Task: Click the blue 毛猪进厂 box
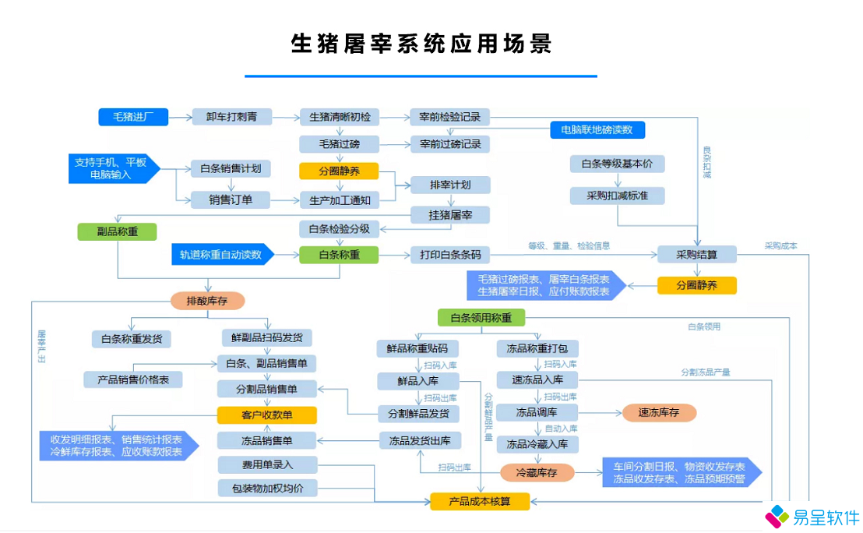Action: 133,117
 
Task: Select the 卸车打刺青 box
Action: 231,117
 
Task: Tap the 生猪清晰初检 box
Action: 339,117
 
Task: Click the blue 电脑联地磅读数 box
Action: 597,129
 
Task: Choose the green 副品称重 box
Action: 117,231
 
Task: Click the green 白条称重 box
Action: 339,254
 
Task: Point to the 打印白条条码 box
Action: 450,254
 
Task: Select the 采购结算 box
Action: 696,254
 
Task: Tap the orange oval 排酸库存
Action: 206,300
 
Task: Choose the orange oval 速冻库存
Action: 659,413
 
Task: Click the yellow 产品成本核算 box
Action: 480,501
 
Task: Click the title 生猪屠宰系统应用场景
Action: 421,44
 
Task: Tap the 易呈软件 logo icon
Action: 777,516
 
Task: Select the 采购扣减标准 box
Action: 617,196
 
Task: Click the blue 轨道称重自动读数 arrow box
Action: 222,254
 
